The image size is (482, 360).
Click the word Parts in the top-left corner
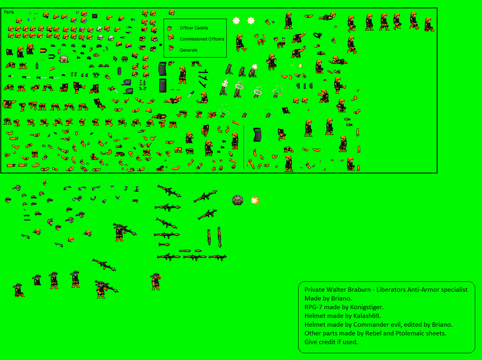pos(9,12)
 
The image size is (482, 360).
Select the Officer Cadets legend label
pos(194,28)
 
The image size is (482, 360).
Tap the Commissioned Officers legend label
pos(202,39)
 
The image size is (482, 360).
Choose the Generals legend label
pos(189,50)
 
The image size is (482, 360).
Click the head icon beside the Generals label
pos(171,48)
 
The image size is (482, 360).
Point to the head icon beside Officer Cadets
pos(170,28)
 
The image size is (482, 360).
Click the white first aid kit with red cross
pos(64,59)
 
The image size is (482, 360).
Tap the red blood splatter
pos(211,114)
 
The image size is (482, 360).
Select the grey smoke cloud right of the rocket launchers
pos(237,200)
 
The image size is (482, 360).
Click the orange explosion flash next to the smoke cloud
pos(255,200)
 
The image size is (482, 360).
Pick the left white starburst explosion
pos(236,21)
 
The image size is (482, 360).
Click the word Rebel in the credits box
pos(372,333)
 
